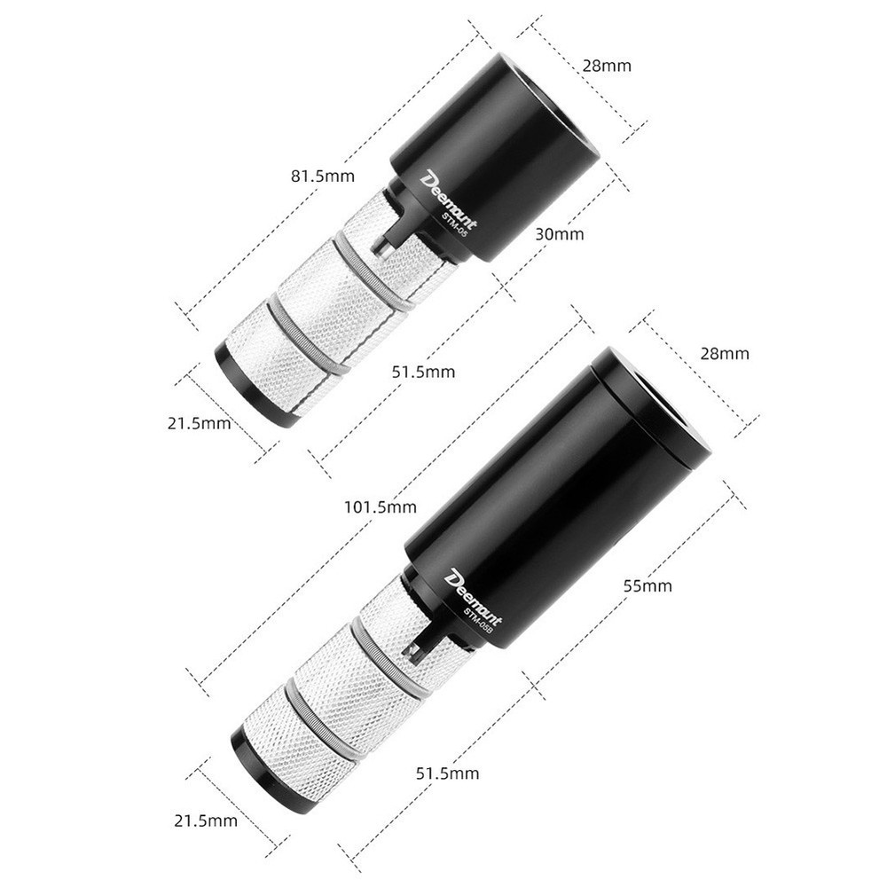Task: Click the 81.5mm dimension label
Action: [323, 177]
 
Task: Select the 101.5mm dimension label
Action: [381, 507]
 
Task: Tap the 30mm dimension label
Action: [560, 234]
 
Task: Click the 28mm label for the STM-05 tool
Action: [607, 66]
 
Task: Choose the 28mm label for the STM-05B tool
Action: [725, 353]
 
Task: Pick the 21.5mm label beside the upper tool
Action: [199, 423]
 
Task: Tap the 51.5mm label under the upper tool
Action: [423, 372]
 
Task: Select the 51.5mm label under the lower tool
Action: [447, 773]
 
